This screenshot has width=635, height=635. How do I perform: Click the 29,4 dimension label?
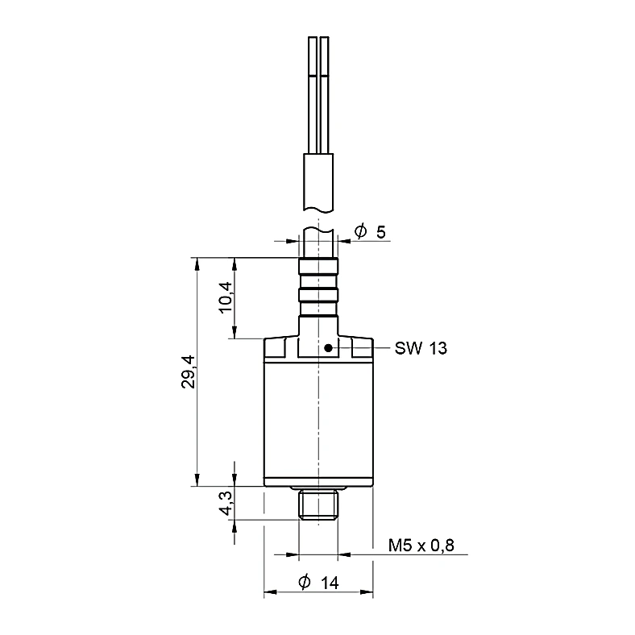click(189, 371)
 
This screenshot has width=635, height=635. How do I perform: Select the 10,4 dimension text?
click(226, 297)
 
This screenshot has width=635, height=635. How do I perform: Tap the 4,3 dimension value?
click(226, 504)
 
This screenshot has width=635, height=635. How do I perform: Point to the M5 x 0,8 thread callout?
click(421, 545)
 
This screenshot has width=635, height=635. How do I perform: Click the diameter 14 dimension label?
click(318, 583)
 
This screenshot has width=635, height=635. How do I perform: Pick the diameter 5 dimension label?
click(370, 232)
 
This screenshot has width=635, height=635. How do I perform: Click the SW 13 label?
click(421, 348)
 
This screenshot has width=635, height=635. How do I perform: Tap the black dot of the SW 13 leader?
click(329, 348)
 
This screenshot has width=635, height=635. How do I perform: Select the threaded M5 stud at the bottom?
click(318, 504)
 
